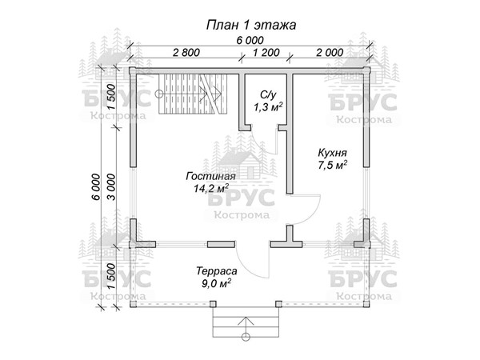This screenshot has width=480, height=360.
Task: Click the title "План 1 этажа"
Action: pos(251,25)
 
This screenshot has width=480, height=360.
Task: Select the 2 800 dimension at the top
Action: pos(186,52)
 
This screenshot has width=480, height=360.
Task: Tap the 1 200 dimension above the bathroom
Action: pos(266,52)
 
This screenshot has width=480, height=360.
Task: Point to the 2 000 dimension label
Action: pos(330,52)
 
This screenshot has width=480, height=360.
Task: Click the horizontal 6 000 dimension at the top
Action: pos(250,40)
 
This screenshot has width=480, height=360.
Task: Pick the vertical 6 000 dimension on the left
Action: pos(95,186)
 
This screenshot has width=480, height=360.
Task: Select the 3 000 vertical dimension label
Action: pos(112,186)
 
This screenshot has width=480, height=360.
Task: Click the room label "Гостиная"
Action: pos(210,176)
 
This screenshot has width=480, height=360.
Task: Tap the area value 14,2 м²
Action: pos(211,188)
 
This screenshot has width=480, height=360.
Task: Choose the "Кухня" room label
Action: pos(333,153)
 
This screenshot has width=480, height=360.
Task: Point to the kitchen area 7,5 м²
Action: pos(333,165)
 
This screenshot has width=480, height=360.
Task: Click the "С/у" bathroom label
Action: pos(268,95)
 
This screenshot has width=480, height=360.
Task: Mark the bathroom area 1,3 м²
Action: pos(268,107)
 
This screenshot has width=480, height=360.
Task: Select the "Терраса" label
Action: pos(217,271)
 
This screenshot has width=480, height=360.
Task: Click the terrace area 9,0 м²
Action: pos(216,283)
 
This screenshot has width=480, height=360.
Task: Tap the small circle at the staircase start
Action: pos(159,94)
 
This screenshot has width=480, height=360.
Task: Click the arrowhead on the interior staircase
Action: pos(217,94)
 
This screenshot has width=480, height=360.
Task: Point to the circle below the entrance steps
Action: pos(246,337)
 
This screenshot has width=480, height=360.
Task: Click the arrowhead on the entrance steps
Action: pos(246,320)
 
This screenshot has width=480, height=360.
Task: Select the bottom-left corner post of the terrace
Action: pos(133,304)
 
